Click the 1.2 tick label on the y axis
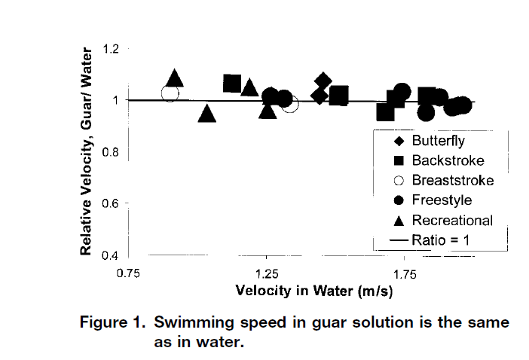tap(111, 50)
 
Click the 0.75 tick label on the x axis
tap(128, 272)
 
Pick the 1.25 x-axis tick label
tap(266, 272)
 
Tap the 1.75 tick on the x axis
tap(405, 272)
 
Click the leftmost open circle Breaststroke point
tap(170, 93)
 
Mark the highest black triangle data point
tap(175, 78)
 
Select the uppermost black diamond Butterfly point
tap(323, 81)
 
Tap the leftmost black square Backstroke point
tap(232, 84)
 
